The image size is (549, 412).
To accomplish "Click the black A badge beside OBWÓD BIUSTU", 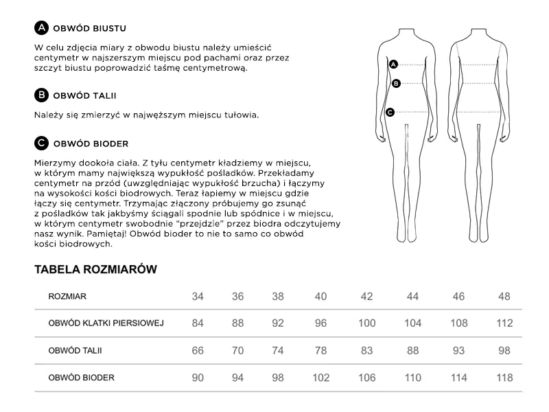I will pos(41,29).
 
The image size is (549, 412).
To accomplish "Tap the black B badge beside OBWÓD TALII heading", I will pos(41,95).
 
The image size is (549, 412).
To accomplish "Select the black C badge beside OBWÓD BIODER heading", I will pos(41,144).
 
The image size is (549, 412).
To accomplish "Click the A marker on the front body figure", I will pos(393,65).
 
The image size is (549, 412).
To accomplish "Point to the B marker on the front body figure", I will pos(395,84).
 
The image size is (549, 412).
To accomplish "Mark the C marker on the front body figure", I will pos(390,112).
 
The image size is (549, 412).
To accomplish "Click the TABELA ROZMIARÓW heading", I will pos(96,270).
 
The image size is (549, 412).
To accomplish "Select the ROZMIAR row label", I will pos(67,297).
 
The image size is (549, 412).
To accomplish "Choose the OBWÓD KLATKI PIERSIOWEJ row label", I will pos(106,323).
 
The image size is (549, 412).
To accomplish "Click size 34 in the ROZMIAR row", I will pos(198,297).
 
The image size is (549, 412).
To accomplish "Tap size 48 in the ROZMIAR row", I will pos(504,297).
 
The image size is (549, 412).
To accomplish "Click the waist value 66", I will pos(198,351).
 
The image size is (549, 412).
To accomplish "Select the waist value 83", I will pos(366,351).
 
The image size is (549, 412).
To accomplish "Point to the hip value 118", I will pos(504,378).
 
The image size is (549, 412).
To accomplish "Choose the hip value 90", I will pos(198,378).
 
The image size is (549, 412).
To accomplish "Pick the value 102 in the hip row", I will pos(321,378).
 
